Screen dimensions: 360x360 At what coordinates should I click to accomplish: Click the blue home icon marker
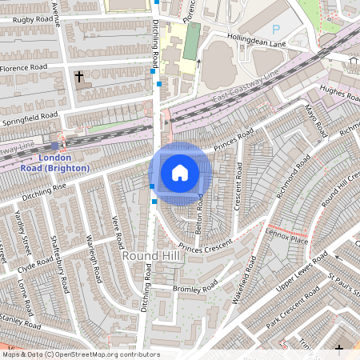[180, 173]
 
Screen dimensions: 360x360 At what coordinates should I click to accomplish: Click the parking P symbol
[276, 29]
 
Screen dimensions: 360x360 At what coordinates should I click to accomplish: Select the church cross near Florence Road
[78, 78]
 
